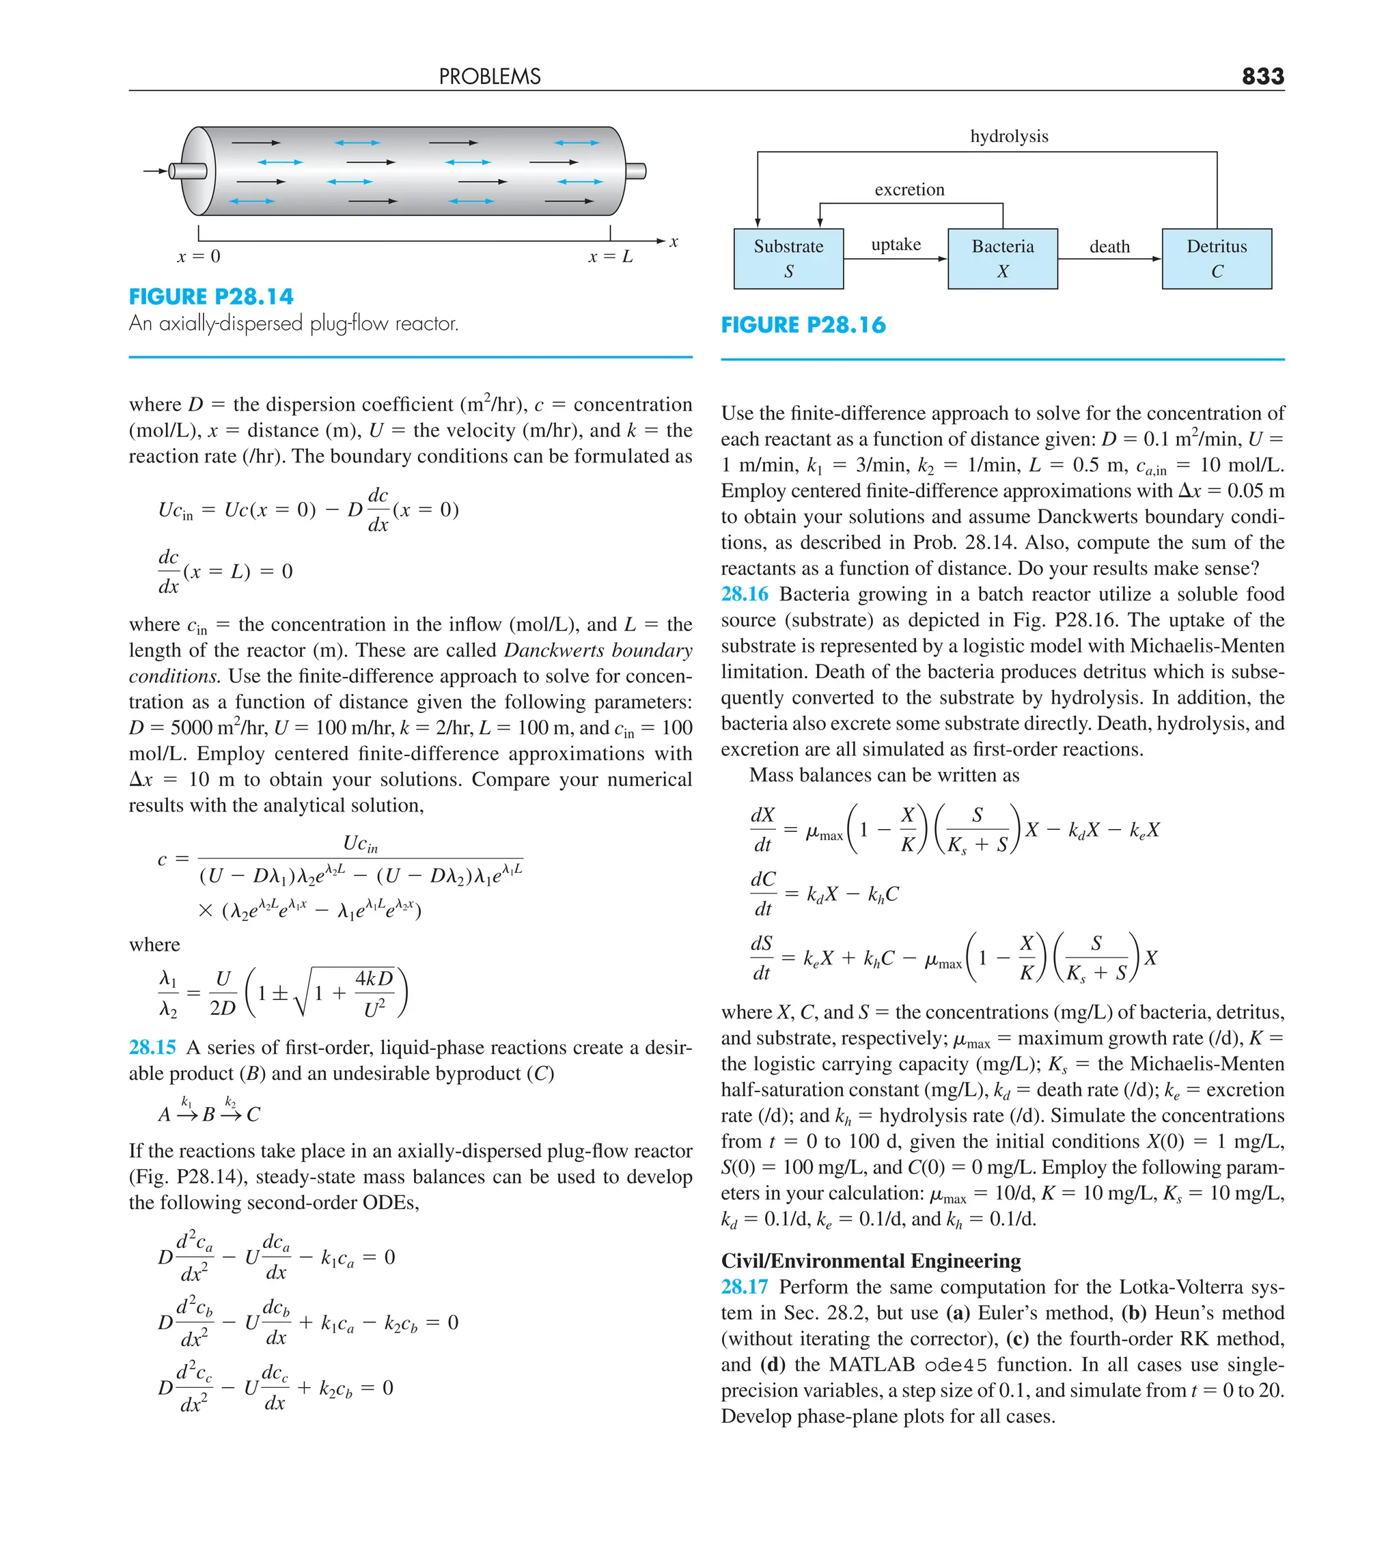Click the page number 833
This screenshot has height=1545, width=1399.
point(1262,76)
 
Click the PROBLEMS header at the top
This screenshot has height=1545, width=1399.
point(489,76)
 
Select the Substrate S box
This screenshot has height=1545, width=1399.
point(788,258)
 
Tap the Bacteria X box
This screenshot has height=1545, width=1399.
point(1002,258)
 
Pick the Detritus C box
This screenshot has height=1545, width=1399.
point(1216,258)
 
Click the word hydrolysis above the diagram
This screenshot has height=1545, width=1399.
point(1008,137)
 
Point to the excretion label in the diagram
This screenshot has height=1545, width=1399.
point(909,189)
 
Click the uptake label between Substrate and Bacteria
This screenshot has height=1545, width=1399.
point(896,245)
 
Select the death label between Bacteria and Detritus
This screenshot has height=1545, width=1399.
point(1109,247)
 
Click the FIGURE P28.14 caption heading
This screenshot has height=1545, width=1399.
point(211,296)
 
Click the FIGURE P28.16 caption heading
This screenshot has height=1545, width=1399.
point(803,325)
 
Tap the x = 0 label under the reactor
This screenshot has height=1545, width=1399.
point(199,257)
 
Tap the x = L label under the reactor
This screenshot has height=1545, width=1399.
point(610,257)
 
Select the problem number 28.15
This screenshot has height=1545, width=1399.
point(152,1047)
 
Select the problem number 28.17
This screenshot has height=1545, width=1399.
point(744,1287)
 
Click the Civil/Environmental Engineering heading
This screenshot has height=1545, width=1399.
point(870,1261)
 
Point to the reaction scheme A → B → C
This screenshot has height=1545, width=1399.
point(208,1112)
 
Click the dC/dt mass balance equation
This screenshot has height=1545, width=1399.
point(823,893)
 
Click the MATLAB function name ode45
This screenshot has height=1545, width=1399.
point(955,1365)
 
